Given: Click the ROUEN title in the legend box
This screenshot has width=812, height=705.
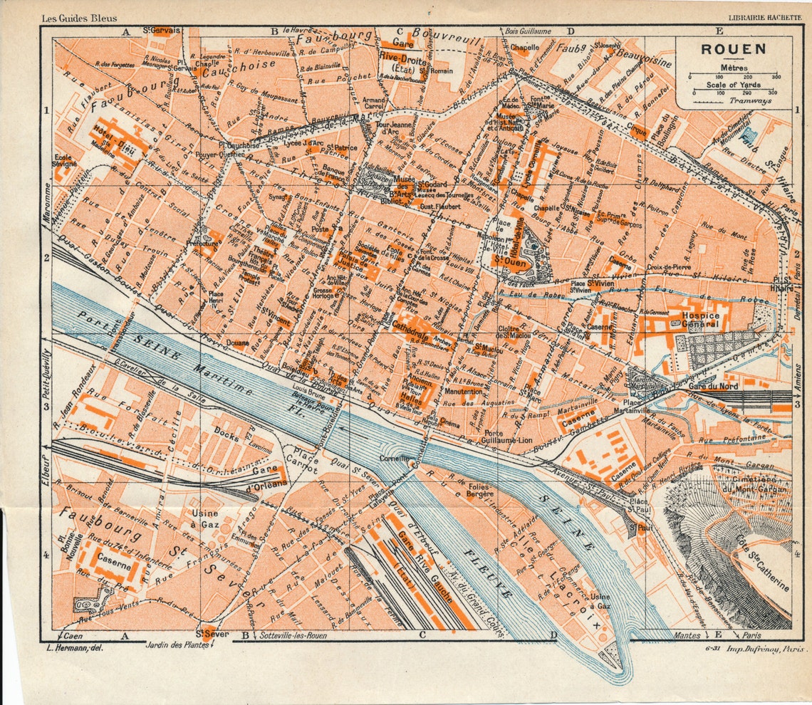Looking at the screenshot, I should [x=733, y=50].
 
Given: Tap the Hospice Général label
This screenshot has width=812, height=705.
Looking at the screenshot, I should [x=702, y=319].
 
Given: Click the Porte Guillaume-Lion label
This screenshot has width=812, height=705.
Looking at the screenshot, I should [x=507, y=437].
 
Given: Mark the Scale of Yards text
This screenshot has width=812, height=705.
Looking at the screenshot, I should [x=734, y=85].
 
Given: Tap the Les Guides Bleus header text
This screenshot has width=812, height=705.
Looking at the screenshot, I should [x=79, y=18].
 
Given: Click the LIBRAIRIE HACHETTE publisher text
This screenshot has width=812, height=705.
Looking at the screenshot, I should [x=763, y=18].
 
